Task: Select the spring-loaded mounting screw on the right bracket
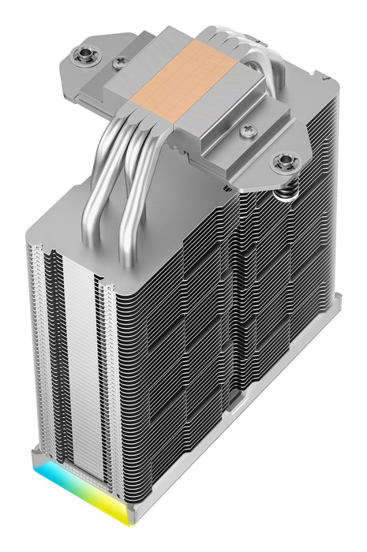tap(283, 163)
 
